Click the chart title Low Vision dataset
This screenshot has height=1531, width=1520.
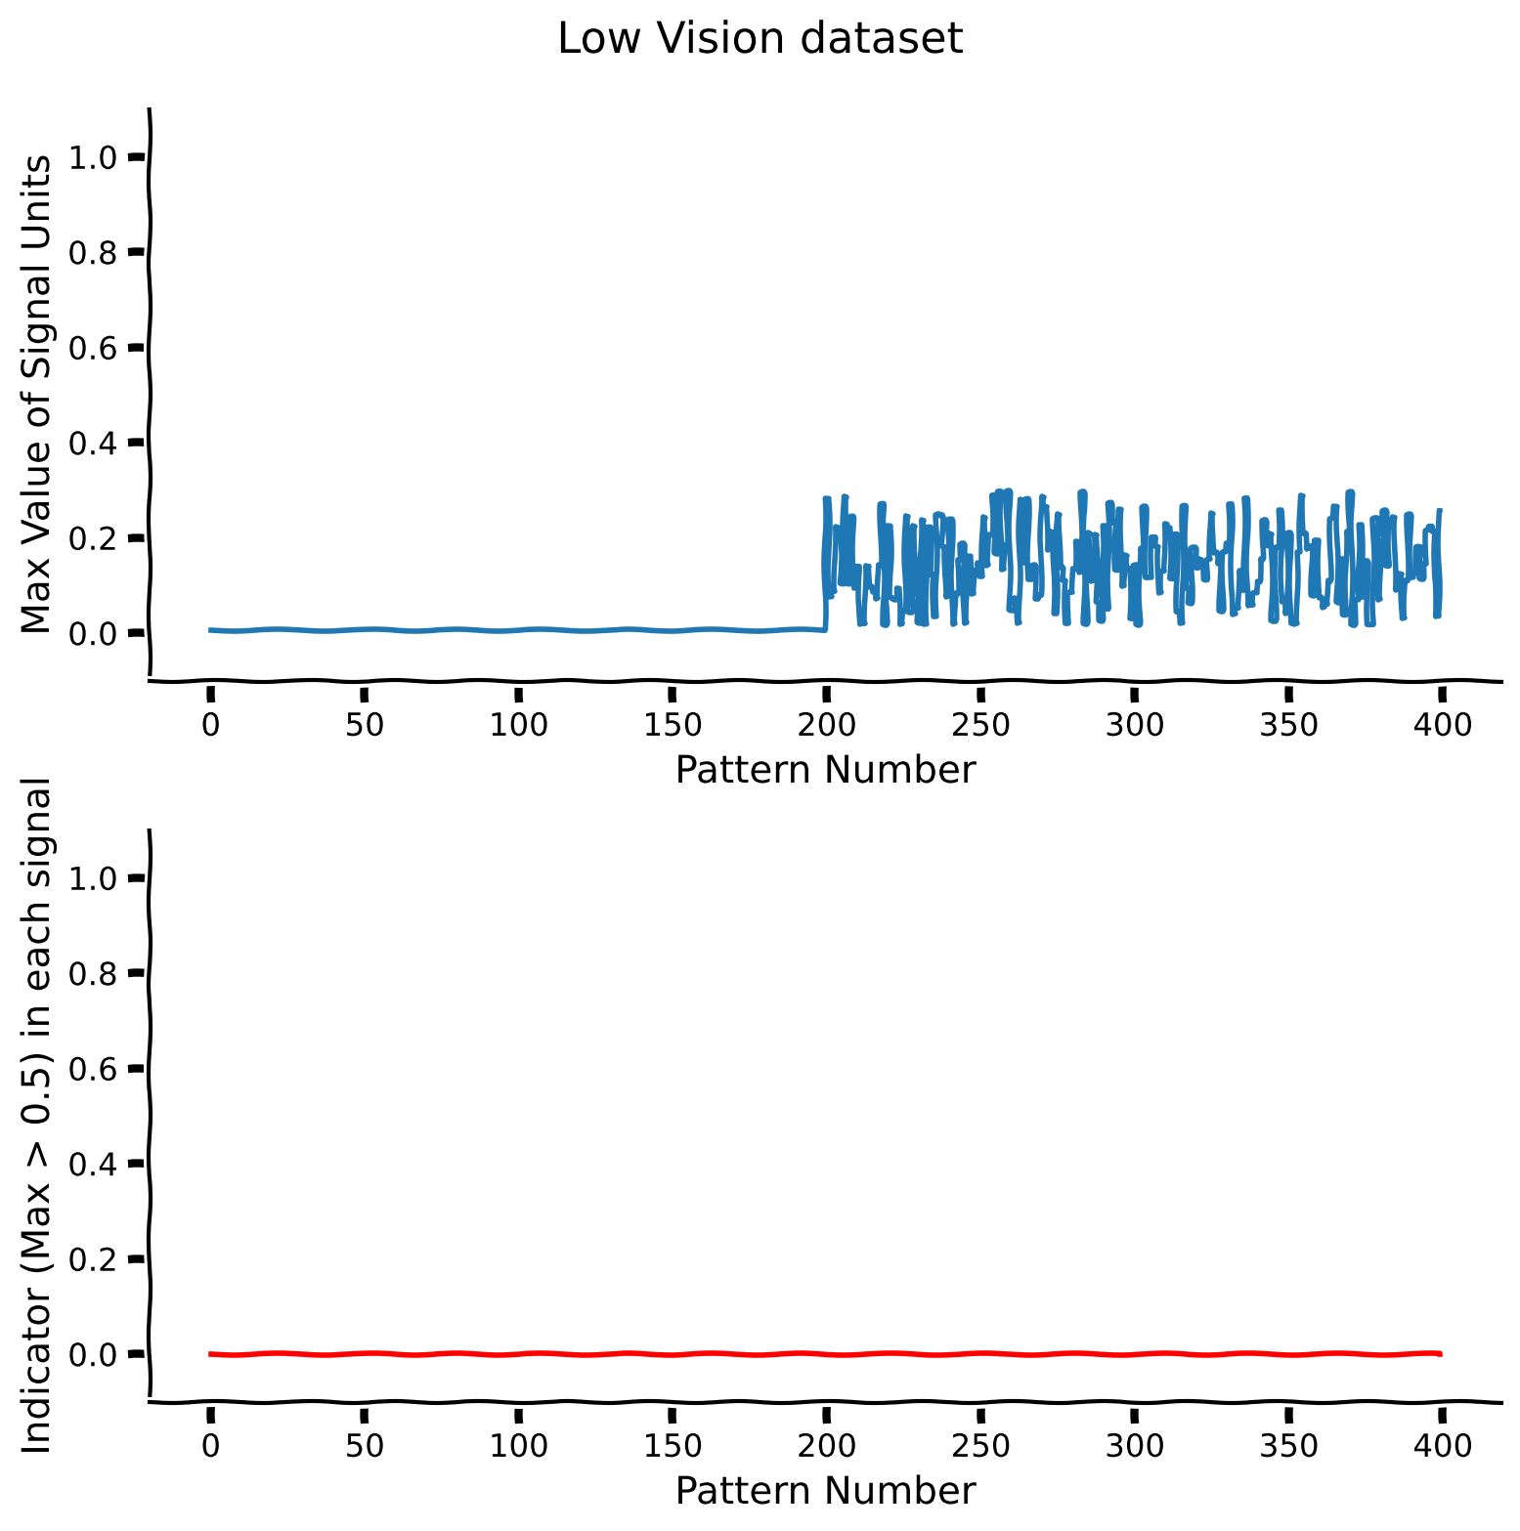pos(760,39)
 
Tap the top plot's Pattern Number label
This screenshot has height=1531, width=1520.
pos(825,770)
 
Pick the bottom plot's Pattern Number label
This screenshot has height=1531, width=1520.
pos(825,1491)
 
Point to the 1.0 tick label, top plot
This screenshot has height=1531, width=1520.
pos(95,157)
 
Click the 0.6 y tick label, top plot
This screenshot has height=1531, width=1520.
pos(95,348)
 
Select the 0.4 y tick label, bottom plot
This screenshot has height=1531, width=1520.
pos(95,1164)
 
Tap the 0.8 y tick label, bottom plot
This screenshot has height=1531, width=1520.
pos(95,973)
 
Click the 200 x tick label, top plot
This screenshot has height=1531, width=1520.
pos(826,726)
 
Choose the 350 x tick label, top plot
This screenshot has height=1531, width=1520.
pos(1288,726)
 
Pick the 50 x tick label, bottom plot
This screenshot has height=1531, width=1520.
pos(364,1447)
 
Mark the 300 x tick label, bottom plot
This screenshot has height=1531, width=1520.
pos(1134,1447)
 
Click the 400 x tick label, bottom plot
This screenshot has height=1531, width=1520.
pos(1442,1447)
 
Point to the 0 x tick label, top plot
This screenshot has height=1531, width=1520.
pos(209,726)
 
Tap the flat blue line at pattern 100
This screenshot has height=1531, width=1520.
pos(517,630)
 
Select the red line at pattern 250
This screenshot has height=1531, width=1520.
pos(980,1353)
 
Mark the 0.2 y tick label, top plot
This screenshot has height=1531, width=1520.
pos(95,538)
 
